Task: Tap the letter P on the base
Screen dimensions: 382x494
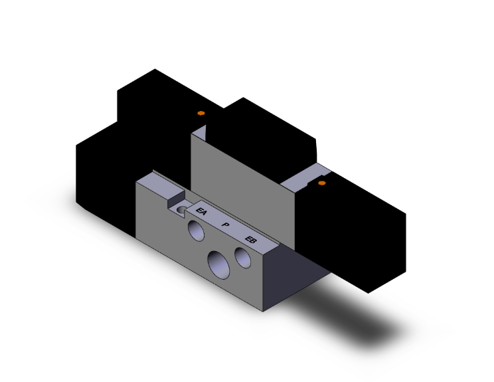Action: [226, 226]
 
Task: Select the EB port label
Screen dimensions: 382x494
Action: [251, 240]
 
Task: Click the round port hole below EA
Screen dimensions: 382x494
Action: [196, 231]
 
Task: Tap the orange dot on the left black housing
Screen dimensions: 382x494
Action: [201, 114]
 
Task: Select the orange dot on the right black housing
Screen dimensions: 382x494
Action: [322, 182]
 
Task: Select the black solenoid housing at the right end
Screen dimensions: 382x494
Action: [359, 233]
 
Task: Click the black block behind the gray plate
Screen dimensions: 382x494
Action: [266, 133]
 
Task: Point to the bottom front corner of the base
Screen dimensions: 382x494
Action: [263, 311]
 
